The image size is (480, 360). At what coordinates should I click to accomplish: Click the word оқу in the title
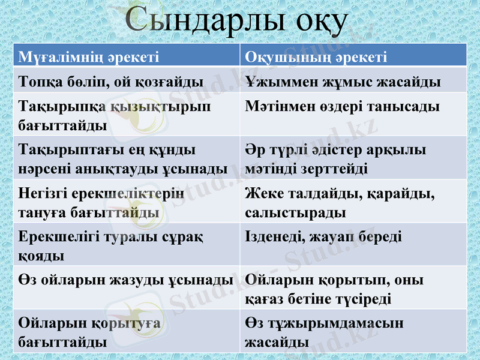pos(322,22)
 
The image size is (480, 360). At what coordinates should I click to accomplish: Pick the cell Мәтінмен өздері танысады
pos(343,107)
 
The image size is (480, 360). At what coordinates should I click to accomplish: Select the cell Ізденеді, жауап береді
pos(324,237)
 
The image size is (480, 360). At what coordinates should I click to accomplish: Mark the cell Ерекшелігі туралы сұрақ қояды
pos(111,245)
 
